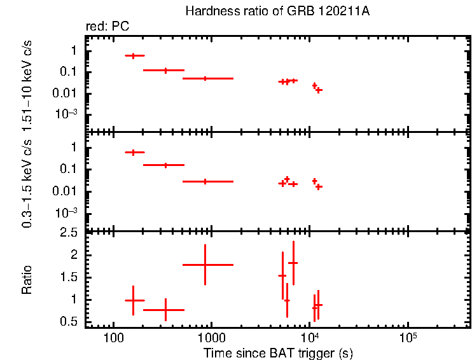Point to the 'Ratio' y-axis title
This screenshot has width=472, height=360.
click(x=27, y=280)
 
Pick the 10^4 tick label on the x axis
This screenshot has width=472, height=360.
click(x=310, y=335)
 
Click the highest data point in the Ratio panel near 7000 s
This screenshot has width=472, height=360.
click(x=293, y=263)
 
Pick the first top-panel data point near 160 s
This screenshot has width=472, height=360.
click(x=134, y=56)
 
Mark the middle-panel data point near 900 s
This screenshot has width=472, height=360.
click(x=205, y=181)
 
